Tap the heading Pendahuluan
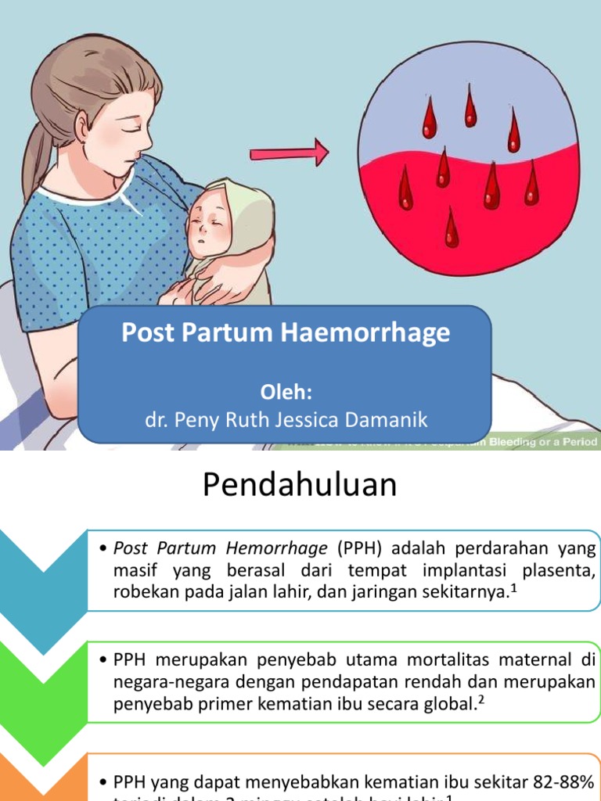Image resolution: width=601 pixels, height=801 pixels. (x=300, y=485)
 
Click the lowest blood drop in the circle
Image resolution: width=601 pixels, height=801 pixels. (x=452, y=228)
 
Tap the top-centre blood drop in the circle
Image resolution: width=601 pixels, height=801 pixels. (x=470, y=107)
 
